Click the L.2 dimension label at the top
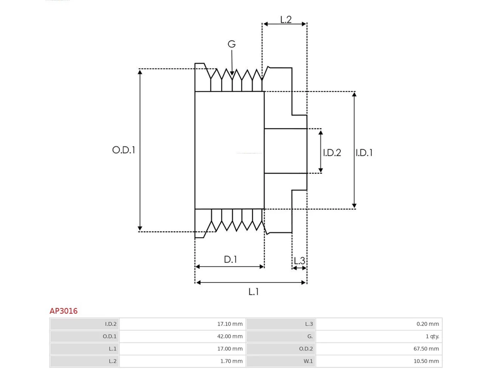point(286,20)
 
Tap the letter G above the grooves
point(231,44)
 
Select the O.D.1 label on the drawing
point(124,150)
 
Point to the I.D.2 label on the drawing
point(332,153)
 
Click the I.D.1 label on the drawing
point(364,153)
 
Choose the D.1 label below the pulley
point(230,259)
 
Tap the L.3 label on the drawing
point(300,261)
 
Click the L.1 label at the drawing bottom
point(253,292)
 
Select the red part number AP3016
point(64,311)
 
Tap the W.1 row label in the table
point(308,361)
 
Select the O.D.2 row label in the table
point(306,348)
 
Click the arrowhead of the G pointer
point(232,73)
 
